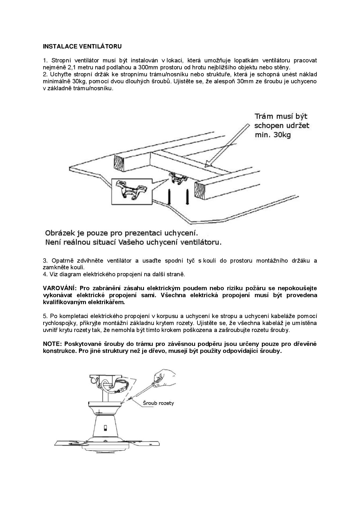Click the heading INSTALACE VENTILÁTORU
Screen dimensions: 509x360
(x=82, y=46)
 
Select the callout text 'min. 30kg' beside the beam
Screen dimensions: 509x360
(x=273, y=135)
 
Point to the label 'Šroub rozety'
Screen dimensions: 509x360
(x=158, y=403)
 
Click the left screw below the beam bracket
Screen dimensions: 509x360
(x=168, y=196)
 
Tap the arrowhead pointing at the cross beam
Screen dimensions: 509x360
(x=208, y=164)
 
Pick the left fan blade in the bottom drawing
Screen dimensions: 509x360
(x=70, y=443)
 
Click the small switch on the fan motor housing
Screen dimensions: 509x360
(x=105, y=428)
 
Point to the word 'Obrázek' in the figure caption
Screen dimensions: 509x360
(x=59, y=233)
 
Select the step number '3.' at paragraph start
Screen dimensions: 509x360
(x=45, y=261)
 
